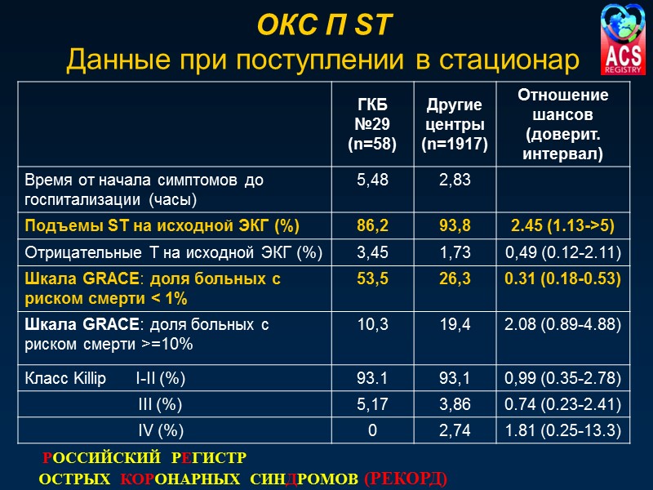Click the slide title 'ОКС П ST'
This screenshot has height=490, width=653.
pos(325,27)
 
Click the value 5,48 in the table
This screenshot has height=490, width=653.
pos(372,180)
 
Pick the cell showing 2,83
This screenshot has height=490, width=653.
pos(455,180)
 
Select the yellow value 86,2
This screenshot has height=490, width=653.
pos(372,226)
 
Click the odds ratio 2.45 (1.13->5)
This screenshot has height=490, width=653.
pos(563,226)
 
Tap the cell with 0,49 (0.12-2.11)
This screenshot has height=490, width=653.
pos(563,253)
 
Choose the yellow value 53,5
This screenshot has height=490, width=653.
pos(372,279)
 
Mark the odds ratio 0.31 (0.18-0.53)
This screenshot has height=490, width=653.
pos(563,279)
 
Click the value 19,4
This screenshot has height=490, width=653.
pos(455,326)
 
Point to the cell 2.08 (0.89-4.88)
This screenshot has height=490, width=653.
pos(563,326)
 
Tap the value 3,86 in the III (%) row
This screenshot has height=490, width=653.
pos(455,405)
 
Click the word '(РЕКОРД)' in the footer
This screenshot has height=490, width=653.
pos(405,476)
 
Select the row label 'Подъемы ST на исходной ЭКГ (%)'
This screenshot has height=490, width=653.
pos(162,226)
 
